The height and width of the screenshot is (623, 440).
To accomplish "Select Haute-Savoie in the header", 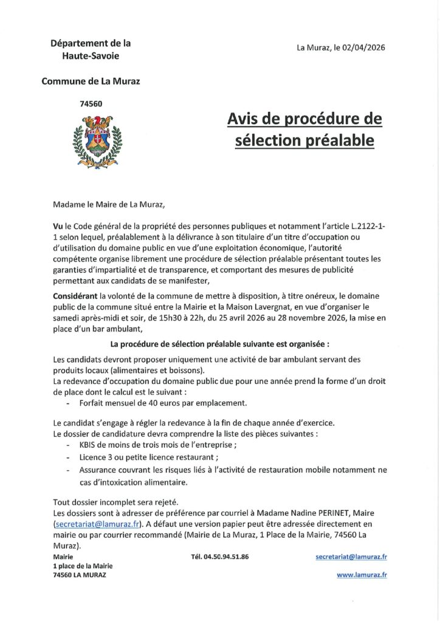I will click(91, 55).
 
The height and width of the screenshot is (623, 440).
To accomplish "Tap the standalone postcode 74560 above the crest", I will click(91, 103).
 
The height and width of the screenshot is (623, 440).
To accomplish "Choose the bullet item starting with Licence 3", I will click(149, 458).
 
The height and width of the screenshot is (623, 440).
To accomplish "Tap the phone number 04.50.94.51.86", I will click(219, 557).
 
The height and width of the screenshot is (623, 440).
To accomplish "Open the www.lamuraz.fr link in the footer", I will click(362, 574).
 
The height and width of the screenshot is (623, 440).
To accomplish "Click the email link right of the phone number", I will click(352, 557).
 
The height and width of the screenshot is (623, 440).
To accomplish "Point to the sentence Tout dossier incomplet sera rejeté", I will click(115, 502).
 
